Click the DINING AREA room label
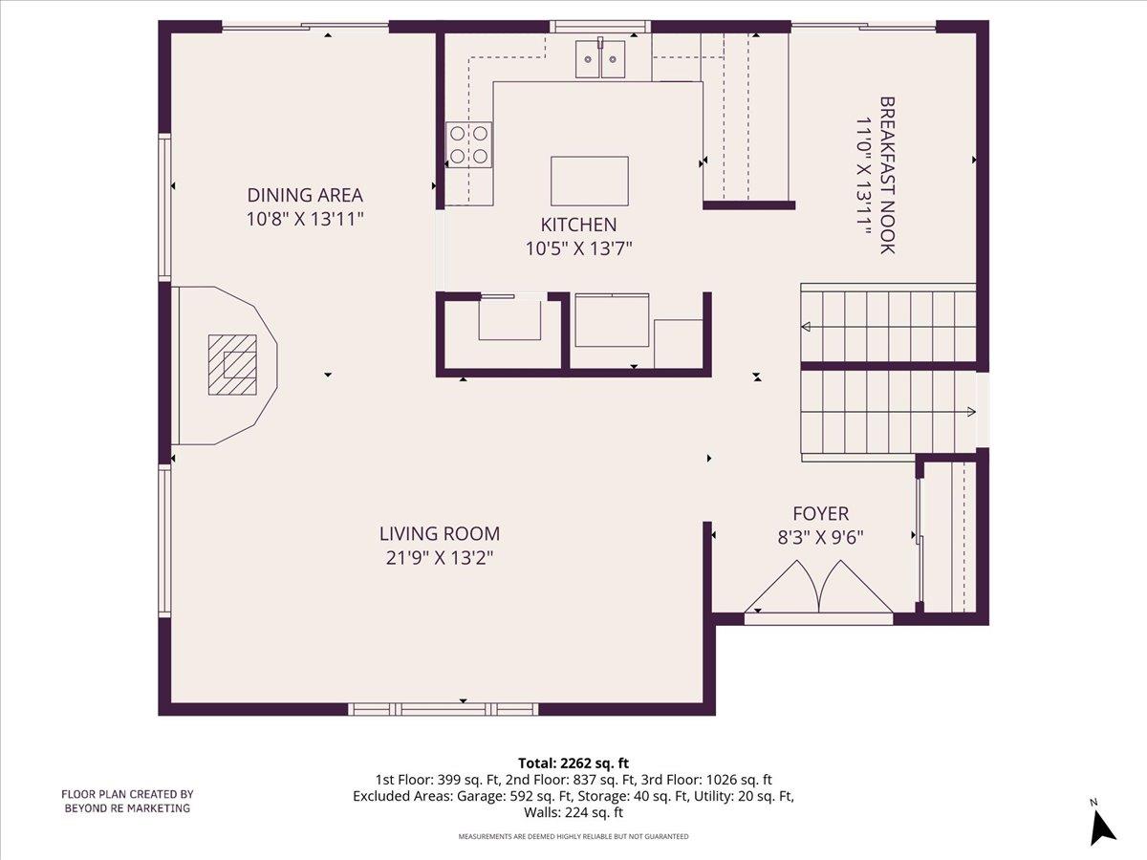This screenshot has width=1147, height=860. point(305,195)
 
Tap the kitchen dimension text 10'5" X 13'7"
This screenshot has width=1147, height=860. point(579,248)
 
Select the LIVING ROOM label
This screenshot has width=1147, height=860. point(439,534)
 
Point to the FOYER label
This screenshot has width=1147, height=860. point(820,513)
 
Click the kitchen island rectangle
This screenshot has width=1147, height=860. point(590,181)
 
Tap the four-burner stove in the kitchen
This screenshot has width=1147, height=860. point(469,145)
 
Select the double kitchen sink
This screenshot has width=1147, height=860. point(601,59)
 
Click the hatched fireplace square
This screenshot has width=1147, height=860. point(233,364)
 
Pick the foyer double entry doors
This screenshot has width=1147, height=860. point(818,587)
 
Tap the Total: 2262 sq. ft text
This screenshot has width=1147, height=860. point(573,763)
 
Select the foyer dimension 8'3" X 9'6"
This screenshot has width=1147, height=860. point(820,537)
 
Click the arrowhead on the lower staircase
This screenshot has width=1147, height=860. point(970,412)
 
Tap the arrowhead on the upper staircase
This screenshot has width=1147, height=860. point(806,328)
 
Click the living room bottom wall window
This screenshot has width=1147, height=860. point(444,709)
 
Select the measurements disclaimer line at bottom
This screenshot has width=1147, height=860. point(573,837)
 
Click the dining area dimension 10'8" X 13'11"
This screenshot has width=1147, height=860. point(305,219)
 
